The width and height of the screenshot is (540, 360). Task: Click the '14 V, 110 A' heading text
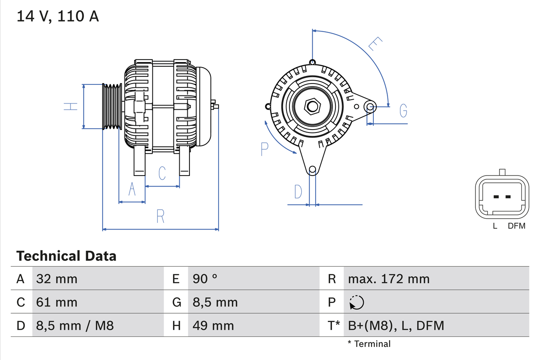click(x=57, y=16)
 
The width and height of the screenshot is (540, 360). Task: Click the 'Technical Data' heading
click(x=66, y=256)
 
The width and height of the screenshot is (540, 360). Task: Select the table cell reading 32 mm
click(x=57, y=279)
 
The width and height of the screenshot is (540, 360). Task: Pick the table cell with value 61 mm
click(x=57, y=302)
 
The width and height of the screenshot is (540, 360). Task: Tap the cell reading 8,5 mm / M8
click(x=75, y=325)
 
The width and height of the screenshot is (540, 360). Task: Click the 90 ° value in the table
click(x=205, y=279)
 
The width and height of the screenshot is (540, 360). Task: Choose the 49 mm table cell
click(x=213, y=325)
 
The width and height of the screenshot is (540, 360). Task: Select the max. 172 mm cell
click(x=389, y=279)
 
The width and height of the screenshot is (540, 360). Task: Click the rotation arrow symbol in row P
click(x=356, y=302)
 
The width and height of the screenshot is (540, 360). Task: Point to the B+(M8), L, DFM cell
click(x=396, y=325)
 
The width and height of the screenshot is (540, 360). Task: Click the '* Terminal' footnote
click(x=369, y=344)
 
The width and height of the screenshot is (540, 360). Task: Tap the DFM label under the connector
click(x=516, y=226)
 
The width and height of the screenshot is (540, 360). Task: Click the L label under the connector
click(x=495, y=226)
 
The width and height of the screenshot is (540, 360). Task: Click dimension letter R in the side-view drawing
click(x=160, y=216)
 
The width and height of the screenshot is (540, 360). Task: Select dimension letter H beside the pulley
click(x=71, y=106)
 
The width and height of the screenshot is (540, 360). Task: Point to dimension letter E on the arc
click(x=375, y=43)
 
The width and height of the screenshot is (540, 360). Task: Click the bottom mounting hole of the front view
click(x=312, y=170)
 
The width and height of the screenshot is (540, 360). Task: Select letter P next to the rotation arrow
click(x=265, y=149)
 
